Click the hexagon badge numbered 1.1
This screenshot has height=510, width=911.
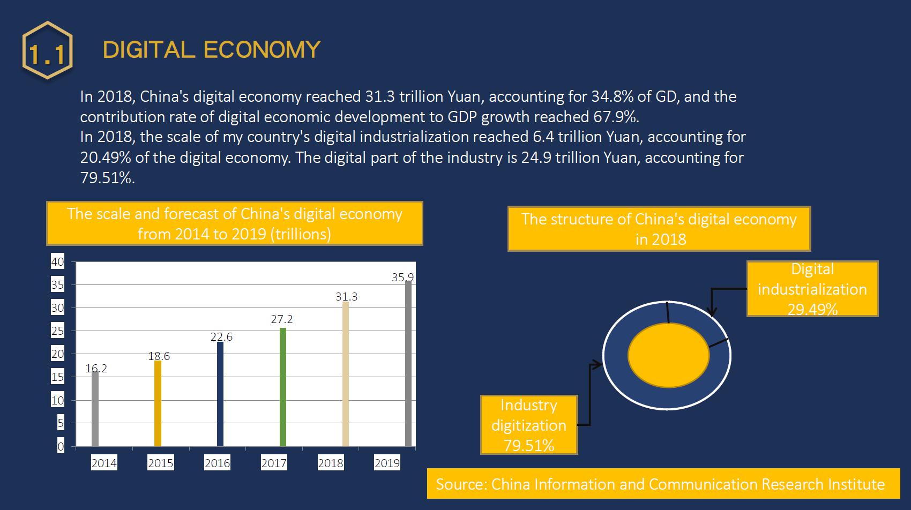tap(48, 50)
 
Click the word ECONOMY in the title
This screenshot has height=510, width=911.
tap(262, 50)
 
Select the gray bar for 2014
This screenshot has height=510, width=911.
tap(95, 409)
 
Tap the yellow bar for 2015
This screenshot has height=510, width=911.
tap(158, 403)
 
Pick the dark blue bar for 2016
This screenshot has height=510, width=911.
tap(220, 394)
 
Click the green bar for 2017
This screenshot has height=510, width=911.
tap(283, 387)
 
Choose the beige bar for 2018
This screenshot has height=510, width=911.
tap(346, 374)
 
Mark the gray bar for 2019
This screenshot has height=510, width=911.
tap(408, 364)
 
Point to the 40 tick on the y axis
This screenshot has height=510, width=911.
tap(57, 262)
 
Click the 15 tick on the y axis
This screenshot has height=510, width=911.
tap(57, 377)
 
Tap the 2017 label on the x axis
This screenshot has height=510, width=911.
tap(274, 463)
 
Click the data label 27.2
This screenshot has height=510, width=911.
tap(282, 319)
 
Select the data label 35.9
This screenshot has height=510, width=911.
tap(402, 277)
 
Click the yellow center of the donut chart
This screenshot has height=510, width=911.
tap(669, 356)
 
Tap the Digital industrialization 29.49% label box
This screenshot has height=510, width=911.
tap(812, 289)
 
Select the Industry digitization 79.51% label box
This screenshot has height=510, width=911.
tap(529, 425)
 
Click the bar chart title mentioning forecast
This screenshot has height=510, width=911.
tap(235, 224)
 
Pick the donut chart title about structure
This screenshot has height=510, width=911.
tap(659, 229)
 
